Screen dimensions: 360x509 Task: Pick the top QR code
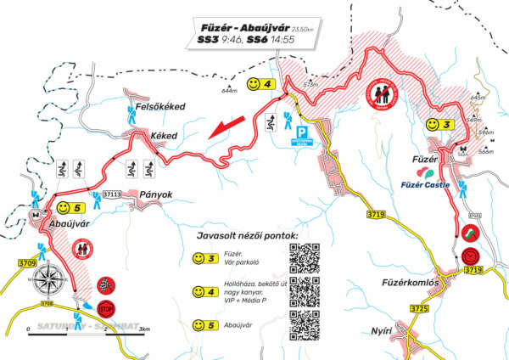click(x=305, y=256)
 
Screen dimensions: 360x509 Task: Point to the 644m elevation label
click(x=228, y=89)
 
